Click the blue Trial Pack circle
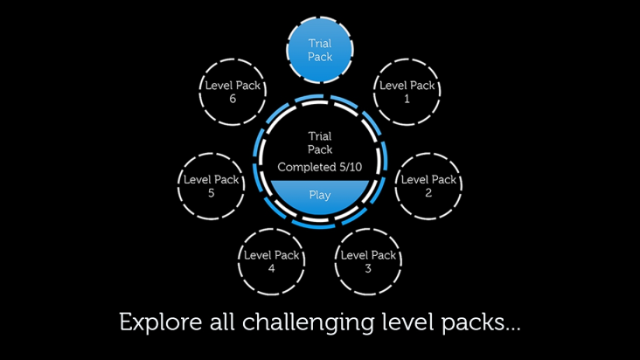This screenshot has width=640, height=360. pyautogui.click(x=320, y=50)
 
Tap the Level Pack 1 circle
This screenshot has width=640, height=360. pyautogui.click(x=407, y=92)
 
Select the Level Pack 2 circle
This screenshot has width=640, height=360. pyautogui.click(x=428, y=186)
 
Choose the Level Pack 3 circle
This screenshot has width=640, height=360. pyautogui.click(x=368, y=262)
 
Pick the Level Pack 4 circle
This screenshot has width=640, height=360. pyautogui.click(x=271, y=262)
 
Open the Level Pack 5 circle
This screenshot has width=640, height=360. pyautogui.click(x=211, y=186)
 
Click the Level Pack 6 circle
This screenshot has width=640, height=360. pyautogui.click(x=233, y=92)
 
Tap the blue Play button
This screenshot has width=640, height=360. pyautogui.click(x=320, y=196)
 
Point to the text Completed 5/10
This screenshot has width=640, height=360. pyautogui.click(x=320, y=167)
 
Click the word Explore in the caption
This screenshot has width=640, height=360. pyautogui.click(x=160, y=322)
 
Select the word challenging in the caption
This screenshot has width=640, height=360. pyautogui.click(x=308, y=323)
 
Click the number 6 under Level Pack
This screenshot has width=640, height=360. pyautogui.click(x=233, y=99)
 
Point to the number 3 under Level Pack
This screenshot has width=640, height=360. pyautogui.click(x=368, y=268)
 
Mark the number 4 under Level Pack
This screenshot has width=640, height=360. pyautogui.click(x=271, y=268)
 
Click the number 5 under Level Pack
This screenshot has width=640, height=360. pyautogui.click(x=211, y=193)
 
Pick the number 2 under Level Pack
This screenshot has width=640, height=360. pyautogui.click(x=428, y=193)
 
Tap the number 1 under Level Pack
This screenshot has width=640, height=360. pyautogui.click(x=407, y=99)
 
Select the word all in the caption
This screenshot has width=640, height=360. pyautogui.click(x=222, y=322)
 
